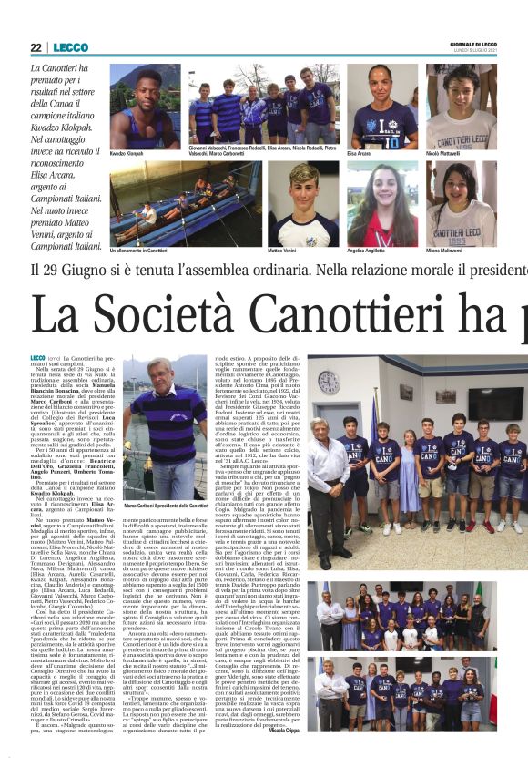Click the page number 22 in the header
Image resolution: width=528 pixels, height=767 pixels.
point(36,47)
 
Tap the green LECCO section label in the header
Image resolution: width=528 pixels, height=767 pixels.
point(70,47)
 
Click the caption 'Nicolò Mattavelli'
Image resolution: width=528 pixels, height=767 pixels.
point(448,154)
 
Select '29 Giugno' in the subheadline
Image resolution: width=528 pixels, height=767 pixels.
point(107,271)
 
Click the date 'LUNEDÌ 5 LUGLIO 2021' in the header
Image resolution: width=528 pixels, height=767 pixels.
point(474,51)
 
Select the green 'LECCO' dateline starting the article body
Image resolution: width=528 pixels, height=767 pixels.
point(37,358)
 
